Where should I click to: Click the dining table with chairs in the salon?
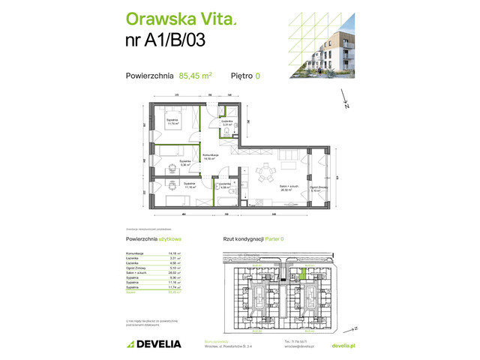pyautogui.click(x=265, y=174)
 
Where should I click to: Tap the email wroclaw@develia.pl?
pyautogui.click(x=295, y=346)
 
